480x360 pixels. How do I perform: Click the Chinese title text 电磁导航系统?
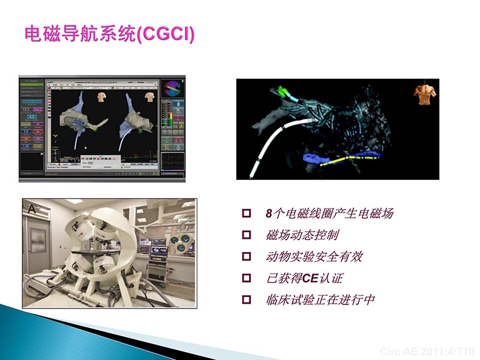click(x=80, y=34)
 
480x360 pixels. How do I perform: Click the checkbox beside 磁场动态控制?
click(x=245, y=235)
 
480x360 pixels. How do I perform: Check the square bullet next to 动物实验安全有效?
click(x=245, y=257)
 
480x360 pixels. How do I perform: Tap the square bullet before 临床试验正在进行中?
click(x=245, y=300)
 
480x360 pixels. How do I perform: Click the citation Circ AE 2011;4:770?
click(x=427, y=351)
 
